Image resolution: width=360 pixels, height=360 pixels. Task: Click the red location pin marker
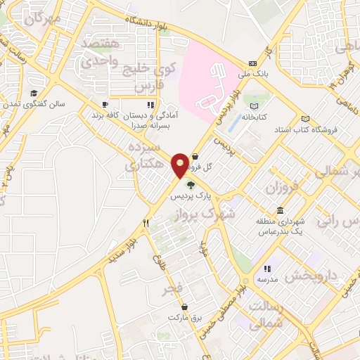(x=181, y=165)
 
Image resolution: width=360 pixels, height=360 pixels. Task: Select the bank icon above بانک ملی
(x=252, y=63)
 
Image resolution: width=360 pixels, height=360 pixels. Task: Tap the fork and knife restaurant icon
(x=146, y=223)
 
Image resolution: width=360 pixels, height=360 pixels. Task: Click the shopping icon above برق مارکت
(x=185, y=307)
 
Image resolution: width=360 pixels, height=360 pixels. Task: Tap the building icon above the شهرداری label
(x=281, y=211)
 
